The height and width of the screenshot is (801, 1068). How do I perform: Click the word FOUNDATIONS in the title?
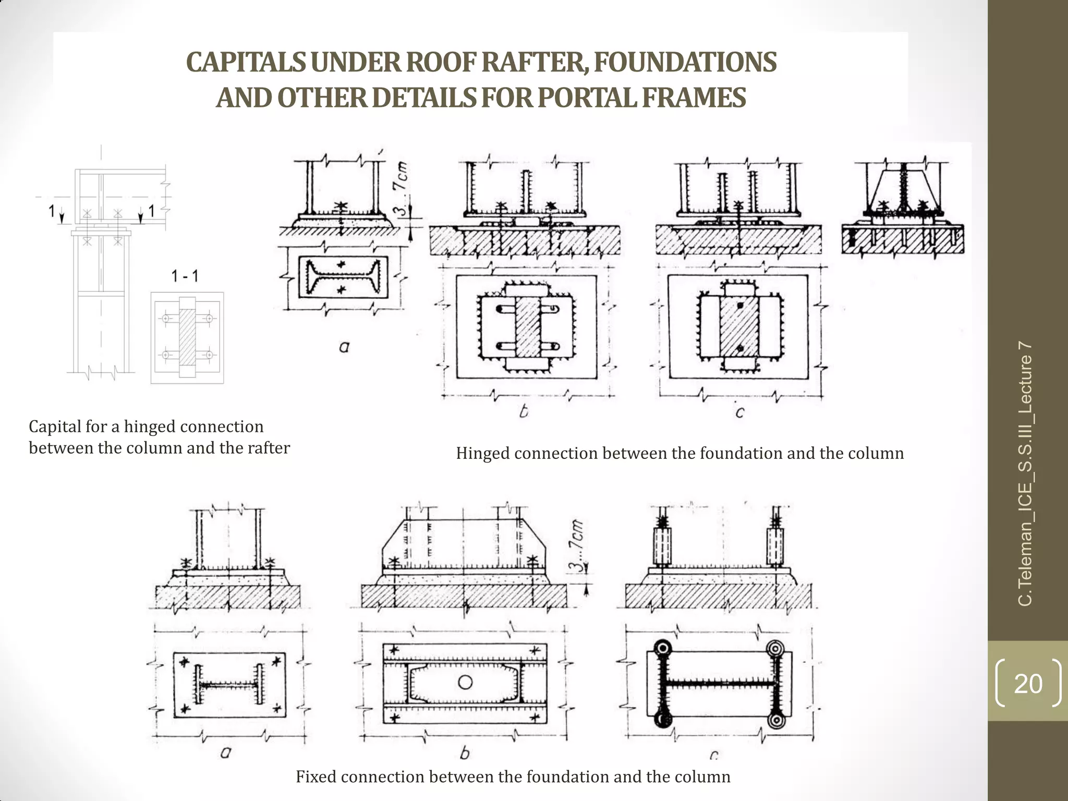click(685, 63)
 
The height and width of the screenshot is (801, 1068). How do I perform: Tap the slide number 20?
click(1028, 684)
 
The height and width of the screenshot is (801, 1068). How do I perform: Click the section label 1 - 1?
click(185, 276)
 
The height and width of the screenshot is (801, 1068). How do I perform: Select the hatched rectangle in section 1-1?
click(187, 337)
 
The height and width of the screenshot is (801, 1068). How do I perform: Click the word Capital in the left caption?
click(54, 427)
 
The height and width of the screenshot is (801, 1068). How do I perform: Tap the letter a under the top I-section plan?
click(344, 346)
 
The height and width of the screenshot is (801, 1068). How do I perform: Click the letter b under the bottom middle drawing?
click(465, 753)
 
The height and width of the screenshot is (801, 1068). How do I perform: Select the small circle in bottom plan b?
click(465, 683)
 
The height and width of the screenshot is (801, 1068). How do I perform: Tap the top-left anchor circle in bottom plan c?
click(662, 648)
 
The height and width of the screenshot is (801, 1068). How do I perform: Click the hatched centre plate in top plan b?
click(527, 327)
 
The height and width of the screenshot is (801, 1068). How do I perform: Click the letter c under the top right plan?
click(739, 412)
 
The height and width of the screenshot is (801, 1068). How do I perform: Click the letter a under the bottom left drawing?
click(226, 752)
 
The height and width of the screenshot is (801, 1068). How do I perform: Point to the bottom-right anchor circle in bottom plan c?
click(775, 720)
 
